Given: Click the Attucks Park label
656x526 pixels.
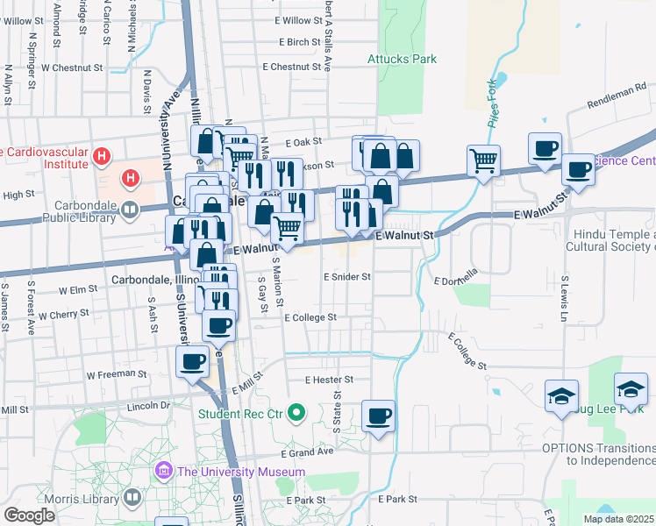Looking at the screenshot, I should pyautogui.click(x=402, y=60).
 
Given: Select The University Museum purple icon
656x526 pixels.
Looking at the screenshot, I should pyautogui.click(x=163, y=472).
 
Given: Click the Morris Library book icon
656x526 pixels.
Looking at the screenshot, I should pyautogui.click(x=131, y=497).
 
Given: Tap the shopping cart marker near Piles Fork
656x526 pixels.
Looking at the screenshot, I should pyautogui.click(x=483, y=160).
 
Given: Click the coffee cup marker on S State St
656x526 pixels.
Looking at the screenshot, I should pyautogui.click(x=378, y=416).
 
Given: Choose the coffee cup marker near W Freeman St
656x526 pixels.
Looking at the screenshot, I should pyautogui.click(x=192, y=361).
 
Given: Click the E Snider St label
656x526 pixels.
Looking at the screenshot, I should pyautogui.click(x=347, y=276).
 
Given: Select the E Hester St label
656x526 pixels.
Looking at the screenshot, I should pyautogui.click(x=329, y=380).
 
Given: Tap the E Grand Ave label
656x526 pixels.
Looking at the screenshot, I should pyautogui.click(x=308, y=453).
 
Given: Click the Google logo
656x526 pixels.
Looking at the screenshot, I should pyautogui.click(x=29, y=515).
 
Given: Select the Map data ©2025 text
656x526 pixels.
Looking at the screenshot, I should pyautogui.click(x=619, y=519).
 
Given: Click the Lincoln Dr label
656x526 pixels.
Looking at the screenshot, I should pyautogui.click(x=147, y=406).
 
